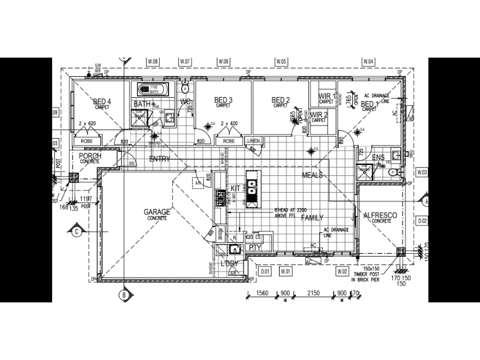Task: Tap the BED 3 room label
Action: point(223,100)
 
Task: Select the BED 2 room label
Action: point(281,100)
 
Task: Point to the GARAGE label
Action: point(157,212)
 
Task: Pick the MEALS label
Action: point(313,175)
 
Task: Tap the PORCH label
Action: point(90,156)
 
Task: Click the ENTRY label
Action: point(160,159)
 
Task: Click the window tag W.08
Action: point(154,62)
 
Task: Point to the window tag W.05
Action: point(281,62)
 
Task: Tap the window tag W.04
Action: point(368,62)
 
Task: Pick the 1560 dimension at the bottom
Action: point(262,293)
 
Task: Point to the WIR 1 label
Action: point(327,96)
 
